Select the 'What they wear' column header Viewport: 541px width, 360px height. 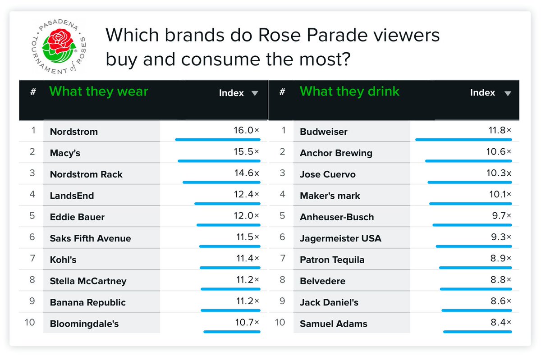tap(99, 91)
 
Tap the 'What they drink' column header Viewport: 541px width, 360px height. tap(349, 91)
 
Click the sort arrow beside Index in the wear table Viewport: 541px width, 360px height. tap(255, 93)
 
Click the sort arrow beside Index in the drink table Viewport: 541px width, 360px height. tap(508, 93)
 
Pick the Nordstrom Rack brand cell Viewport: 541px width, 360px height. tap(86, 174)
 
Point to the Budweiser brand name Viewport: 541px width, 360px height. tap(323, 132)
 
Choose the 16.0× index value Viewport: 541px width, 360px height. tap(243, 130)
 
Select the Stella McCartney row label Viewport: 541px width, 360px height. tap(88, 281)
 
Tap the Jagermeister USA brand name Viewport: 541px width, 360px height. tap(340, 238)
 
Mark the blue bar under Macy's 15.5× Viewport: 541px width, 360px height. tap(219, 161)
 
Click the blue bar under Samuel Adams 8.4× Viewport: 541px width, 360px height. tap(477, 332)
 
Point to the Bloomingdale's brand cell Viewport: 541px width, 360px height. tap(84, 324)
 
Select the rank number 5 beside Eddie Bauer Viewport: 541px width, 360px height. tap(32, 216)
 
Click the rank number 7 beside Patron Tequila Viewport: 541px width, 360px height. tap(283, 259)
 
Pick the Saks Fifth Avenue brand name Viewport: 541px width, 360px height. tap(90, 238)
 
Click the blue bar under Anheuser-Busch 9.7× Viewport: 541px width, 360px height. tap(472, 225)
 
